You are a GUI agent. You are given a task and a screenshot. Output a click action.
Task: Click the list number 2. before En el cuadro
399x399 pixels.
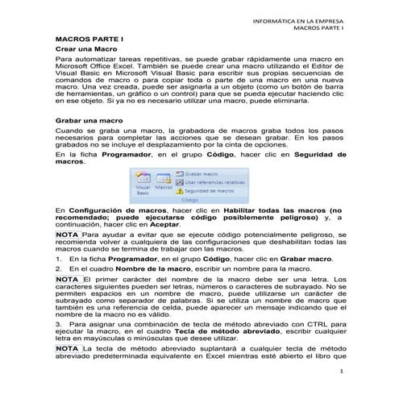59,268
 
